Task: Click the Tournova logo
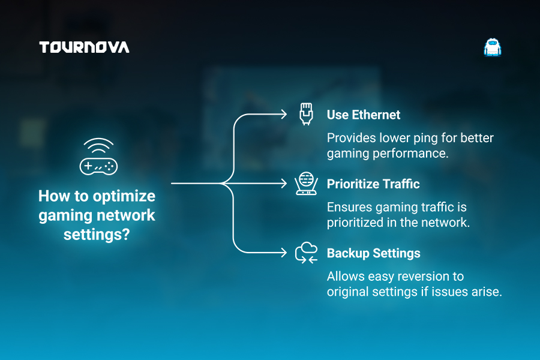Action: (x=85, y=47)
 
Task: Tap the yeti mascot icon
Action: (x=493, y=47)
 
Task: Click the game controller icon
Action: (x=98, y=167)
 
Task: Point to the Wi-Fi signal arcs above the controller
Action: (x=98, y=145)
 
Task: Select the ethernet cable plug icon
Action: (x=306, y=113)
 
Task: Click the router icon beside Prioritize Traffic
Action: (x=306, y=184)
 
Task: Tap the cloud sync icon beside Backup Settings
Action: (x=306, y=253)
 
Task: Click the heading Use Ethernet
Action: (x=364, y=115)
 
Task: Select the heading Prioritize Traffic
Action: (x=373, y=184)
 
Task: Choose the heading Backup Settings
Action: (x=374, y=253)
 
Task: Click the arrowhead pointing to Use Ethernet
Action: (x=283, y=114)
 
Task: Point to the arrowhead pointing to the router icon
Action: (x=283, y=183)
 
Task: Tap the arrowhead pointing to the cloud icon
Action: (x=283, y=253)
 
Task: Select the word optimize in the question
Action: (x=124, y=197)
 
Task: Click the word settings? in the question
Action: (x=97, y=235)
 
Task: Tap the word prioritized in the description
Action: (x=355, y=223)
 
